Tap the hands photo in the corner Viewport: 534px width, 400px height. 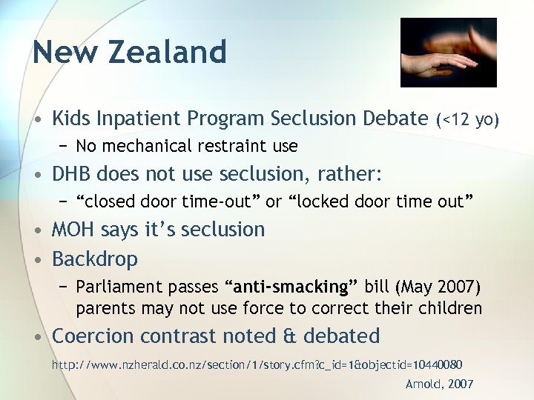448,53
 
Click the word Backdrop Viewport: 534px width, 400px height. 94,259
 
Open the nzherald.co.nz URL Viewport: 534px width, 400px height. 257,364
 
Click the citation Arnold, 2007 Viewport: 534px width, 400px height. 439,384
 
